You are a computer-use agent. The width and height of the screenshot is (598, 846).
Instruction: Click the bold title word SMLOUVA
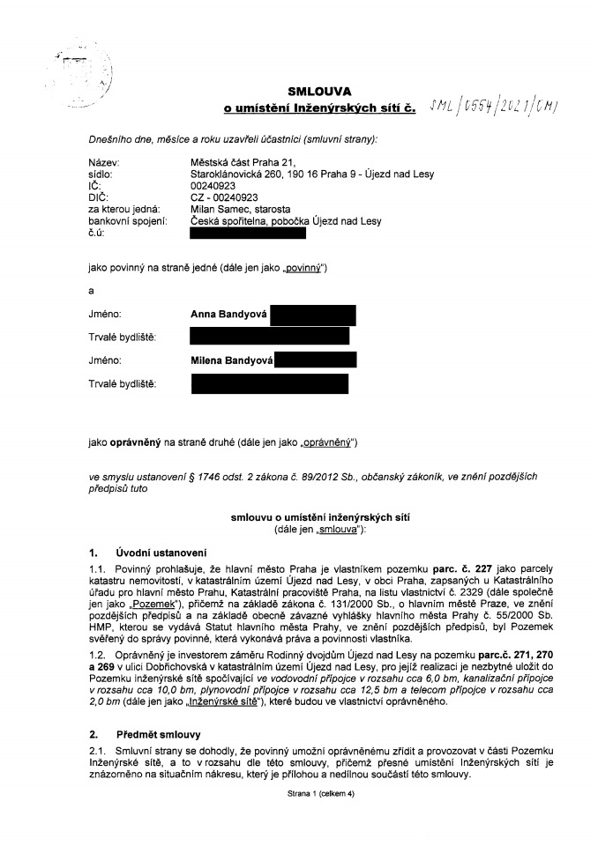pyautogui.click(x=319, y=91)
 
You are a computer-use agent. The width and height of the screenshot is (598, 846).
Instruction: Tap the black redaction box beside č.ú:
pyautogui.click(x=248, y=234)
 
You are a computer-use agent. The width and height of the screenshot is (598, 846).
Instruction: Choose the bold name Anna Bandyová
pyautogui.click(x=228, y=313)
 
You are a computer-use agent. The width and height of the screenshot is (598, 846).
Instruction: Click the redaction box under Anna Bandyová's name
pyautogui.click(x=269, y=337)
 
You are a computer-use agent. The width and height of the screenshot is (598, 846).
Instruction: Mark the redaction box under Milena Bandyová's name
pyautogui.click(x=269, y=384)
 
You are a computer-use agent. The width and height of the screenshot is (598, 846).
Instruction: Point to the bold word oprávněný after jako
pyautogui.click(x=135, y=441)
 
